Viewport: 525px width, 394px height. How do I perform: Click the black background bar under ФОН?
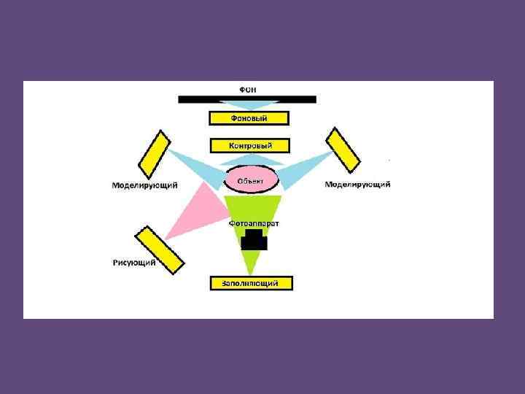(x=247, y=99)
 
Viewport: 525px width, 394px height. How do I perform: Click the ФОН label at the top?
(x=249, y=88)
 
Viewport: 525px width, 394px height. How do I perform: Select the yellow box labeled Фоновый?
(x=249, y=118)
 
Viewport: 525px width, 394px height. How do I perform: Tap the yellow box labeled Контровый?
(x=249, y=146)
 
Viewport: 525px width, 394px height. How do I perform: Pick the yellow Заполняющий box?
(x=251, y=283)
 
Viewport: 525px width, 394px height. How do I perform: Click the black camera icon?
(x=254, y=239)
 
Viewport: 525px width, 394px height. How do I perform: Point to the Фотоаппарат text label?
(x=254, y=223)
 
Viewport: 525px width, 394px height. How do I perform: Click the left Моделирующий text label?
(x=145, y=185)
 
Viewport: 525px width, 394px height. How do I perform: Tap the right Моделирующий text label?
(x=357, y=185)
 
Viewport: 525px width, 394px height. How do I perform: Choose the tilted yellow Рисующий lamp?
(x=159, y=250)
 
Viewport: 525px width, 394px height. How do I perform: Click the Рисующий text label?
(x=134, y=263)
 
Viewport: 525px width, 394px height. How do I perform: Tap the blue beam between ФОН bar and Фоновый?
(x=250, y=107)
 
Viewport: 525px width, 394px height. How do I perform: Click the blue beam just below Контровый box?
(x=250, y=158)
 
